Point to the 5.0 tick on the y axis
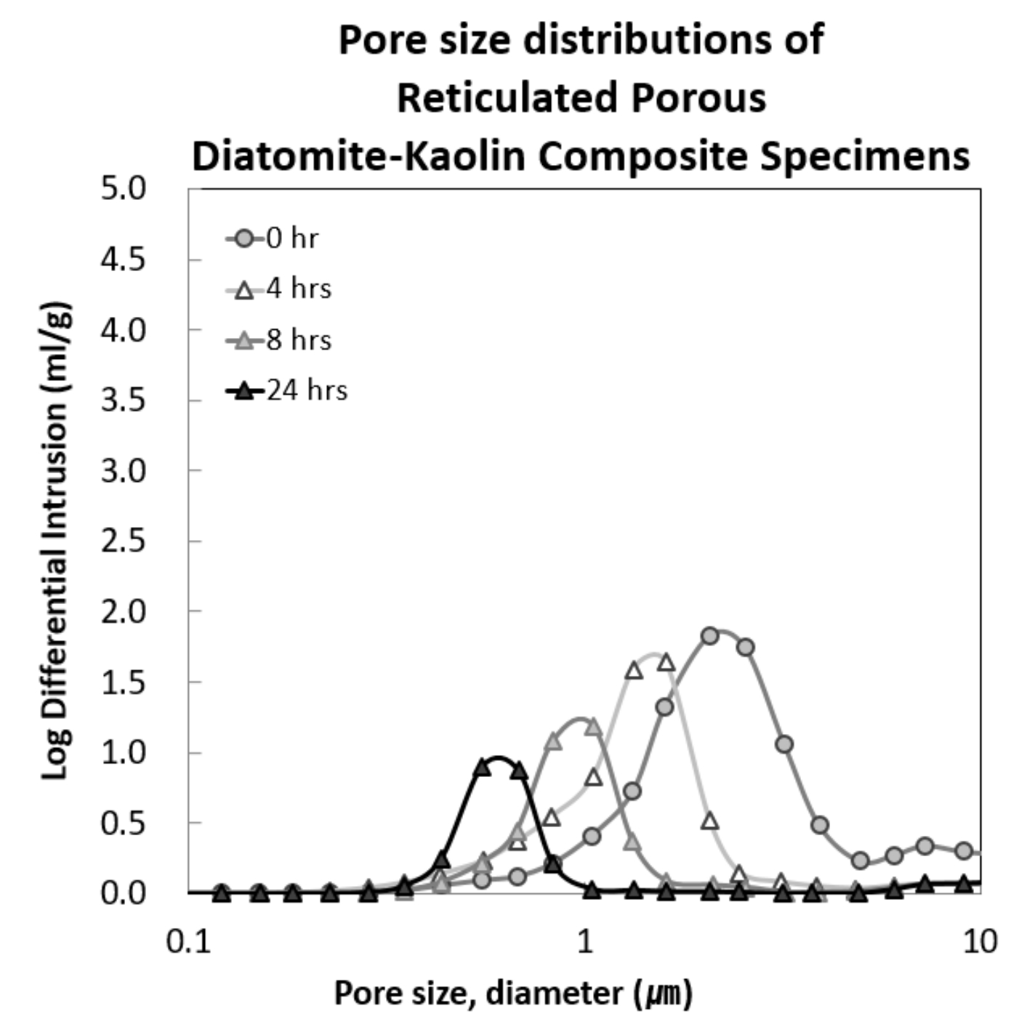pyautogui.click(x=123, y=189)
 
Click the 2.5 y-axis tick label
pyautogui.click(x=123, y=541)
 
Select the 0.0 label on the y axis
pyautogui.click(x=123, y=893)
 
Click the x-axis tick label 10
pyautogui.click(x=980, y=943)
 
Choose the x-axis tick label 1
pyautogui.click(x=585, y=943)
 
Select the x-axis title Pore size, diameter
pyautogui.click(x=512, y=993)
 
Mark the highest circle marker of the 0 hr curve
pyautogui.click(x=710, y=636)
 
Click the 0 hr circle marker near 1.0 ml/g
pyautogui.click(x=784, y=744)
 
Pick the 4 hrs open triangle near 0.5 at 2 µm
pyautogui.click(x=710, y=821)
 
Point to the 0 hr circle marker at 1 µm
pyautogui.click(x=592, y=837)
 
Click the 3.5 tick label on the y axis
pyautogui.click(x=123, y=400)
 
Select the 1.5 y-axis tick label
pyautogui.click(x=123, y=682)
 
